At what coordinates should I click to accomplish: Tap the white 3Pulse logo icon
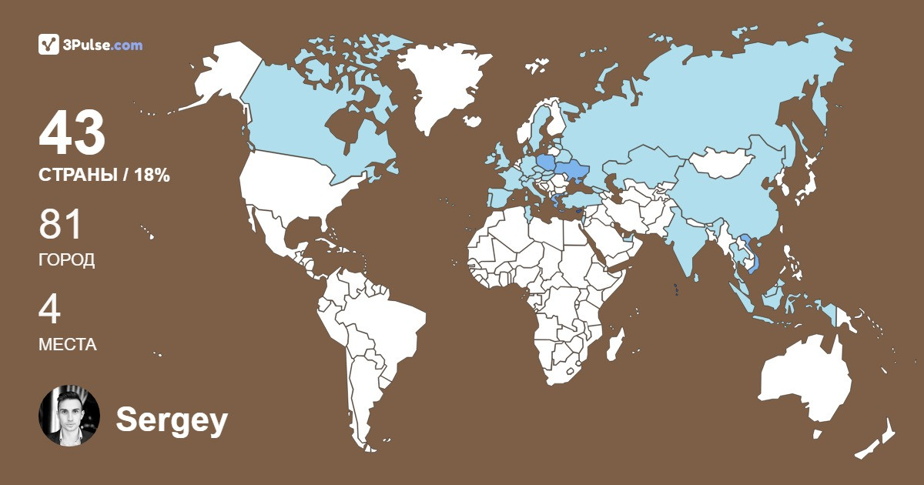coord(49,45)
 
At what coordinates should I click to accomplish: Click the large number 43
coord(72,132)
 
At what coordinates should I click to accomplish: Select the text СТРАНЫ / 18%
coord(104,175)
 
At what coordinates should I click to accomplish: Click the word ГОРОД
coord(67,260)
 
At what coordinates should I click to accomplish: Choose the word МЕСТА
coord(68,344)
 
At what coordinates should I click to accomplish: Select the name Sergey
coord(172,420)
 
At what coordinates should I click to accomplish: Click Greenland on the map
coord(443,85)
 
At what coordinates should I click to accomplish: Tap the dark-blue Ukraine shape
coord(571,171)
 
